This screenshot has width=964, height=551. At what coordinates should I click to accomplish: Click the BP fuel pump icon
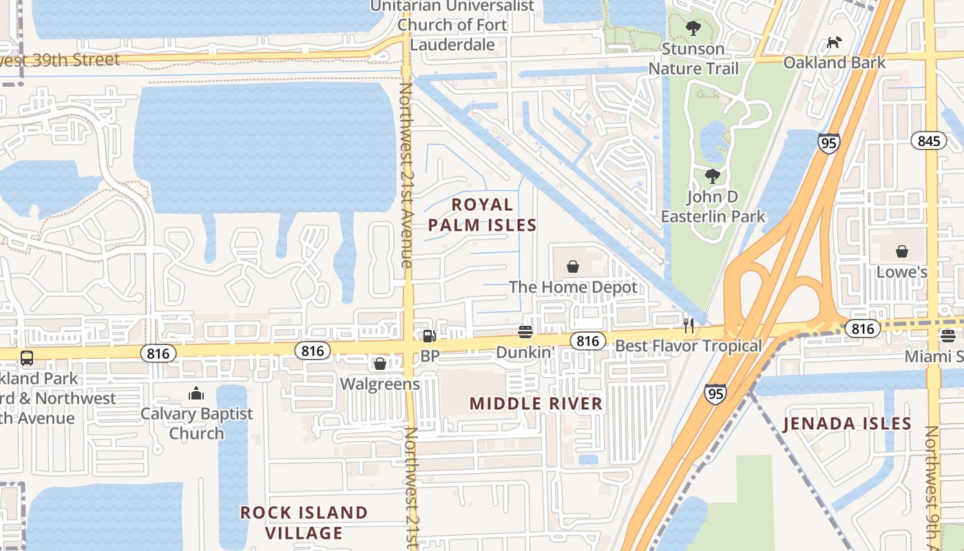pyautogui.click(x=429, y=336)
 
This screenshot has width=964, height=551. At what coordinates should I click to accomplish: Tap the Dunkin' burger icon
pyautogui.click(x=525, y=332)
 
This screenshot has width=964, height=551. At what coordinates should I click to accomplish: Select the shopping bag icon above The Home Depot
pyautogui.click(x=572, y=266)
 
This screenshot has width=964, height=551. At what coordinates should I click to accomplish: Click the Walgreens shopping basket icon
pyautogui.click(x=379, y=364)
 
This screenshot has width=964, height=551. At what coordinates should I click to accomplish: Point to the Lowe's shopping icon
pyautogui.click(x=901, y=251)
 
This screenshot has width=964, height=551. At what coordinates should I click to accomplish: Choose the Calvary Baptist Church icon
pyautogui.click(x=196, y=394)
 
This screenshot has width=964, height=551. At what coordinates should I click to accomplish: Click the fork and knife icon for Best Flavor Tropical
pyautogui.click(x=688, y=325)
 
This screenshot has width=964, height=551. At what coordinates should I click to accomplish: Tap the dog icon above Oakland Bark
pyautogui.click(x=834, y=43)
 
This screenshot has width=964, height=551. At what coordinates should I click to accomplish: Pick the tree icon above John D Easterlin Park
pyautogui.click(x=713, y=176)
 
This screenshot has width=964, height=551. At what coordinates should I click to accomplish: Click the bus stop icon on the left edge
pyautogui.click(x=26, y=358)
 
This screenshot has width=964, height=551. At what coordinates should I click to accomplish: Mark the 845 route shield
pyautogui.click(x=928, y=141)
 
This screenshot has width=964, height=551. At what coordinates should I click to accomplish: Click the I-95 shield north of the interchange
pyautogui.click(x=829, y=143)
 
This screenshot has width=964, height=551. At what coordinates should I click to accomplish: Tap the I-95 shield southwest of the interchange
pyautogui.click(x=715, y=393)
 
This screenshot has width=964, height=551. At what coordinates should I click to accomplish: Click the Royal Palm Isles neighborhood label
pyautogui.click(x=482, y=215)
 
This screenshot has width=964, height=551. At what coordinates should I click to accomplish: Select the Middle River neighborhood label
pyautogui.click(x=536, y=404)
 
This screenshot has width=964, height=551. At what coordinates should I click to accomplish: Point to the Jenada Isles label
pyautogui.click(x=847, y=424)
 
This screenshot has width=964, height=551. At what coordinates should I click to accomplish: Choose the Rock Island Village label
pyautogui.click(x=304, y=523)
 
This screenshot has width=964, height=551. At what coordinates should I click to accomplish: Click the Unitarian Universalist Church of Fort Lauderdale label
pyautogui.click(x=452, y=25)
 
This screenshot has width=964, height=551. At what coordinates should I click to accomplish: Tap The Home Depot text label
pyautogui.click(x=573, y=287)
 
